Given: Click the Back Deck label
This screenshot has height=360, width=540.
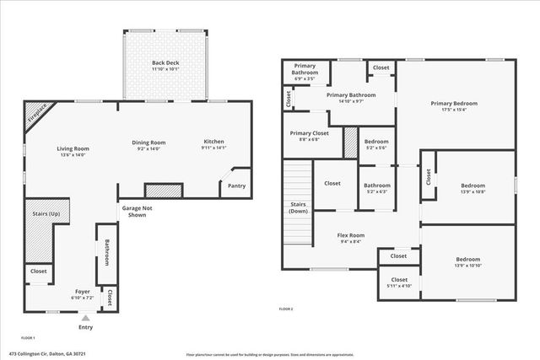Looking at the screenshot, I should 165,63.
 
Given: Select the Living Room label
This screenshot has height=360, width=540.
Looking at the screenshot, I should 73,148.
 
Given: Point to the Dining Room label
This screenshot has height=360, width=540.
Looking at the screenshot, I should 148,142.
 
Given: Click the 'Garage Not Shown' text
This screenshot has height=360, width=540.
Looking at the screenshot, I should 134,212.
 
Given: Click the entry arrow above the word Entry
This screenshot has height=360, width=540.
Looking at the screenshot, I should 85,318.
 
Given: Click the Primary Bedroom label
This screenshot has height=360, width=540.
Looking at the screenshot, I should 455,104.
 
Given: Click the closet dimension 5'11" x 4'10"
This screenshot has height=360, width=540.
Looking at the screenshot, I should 399,286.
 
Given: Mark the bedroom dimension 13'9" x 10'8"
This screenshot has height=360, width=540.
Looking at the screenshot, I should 472,191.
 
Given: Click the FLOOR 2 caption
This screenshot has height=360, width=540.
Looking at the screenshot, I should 286,309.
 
